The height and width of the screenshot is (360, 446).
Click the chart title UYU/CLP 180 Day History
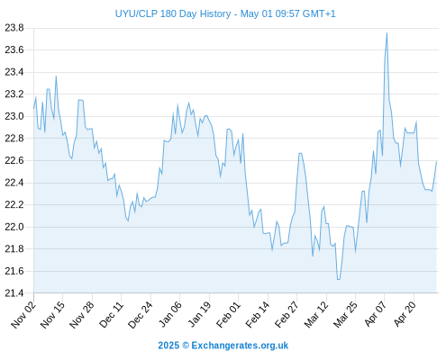pyautogui.click(x=173, y=13)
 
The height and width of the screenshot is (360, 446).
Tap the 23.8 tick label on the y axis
pyautogui.click(x=14, y=28)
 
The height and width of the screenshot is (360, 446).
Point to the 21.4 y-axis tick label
pyautogui.click(x=14, y=293)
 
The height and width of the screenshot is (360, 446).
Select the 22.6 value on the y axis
pyautogui.click(x=14, y=160)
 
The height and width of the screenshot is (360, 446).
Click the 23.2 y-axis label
pyautogui.click(x=14, y=94)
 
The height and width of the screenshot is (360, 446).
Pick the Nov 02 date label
pyautogui.click(x=23, y=314)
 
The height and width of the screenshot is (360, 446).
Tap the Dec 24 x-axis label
pyautogui.click(x=141, y=314)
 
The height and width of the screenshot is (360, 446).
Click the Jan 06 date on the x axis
pyautogui.click(x=169, y=314)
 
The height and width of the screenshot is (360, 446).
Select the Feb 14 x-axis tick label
pyautogui.click(x=258, y=314)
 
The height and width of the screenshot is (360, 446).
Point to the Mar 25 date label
pyautogui.click(x=345, y=314)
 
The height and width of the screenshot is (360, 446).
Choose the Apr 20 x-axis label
pyautogui.click(x=405, y=314)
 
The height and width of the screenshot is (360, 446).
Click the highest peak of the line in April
pyautogui.click(x=387, y=33)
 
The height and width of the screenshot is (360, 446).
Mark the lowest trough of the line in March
pyautogui.click(x=339, y=280)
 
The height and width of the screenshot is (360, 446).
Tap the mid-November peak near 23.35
pyautogui.click(x=56, y=76)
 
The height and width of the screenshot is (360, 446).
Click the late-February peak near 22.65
pyautogui.click(x=300, y=153)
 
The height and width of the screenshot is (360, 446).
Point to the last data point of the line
pyautogui.click(x=436, y=161)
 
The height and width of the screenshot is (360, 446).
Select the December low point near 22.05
pyautogui.click(x=128, y=221)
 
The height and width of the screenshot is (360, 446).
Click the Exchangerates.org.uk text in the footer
pyautogui.click(x=240, y=346)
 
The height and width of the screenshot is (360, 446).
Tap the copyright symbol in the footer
pyautogui.click(x=186, y=346)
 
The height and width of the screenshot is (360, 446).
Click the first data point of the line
pyautogui.click(x=33, y=108)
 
